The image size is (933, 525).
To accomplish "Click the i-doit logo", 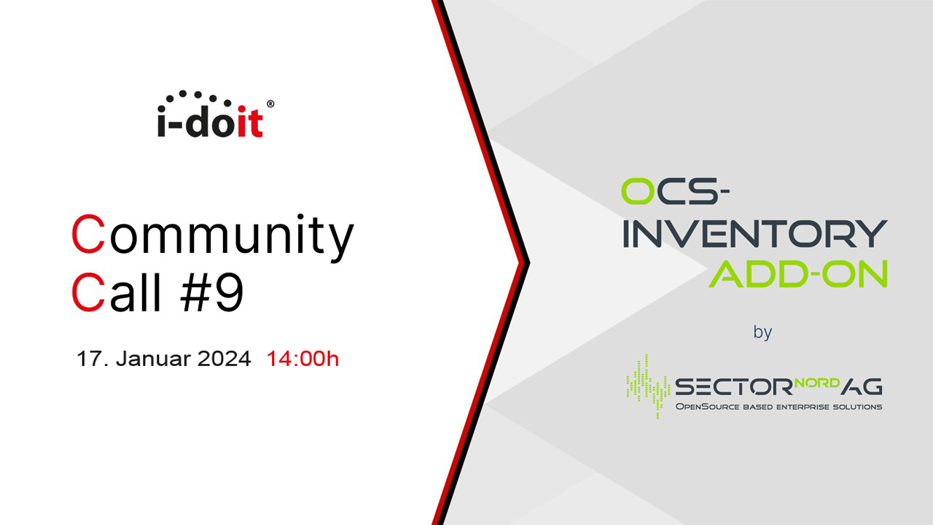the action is click(215, 114).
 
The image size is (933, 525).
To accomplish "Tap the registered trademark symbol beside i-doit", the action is click(270, 104).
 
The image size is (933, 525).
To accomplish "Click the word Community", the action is click(213, 236).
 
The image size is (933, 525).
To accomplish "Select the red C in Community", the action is click(88, 234).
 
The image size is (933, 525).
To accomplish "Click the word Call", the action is click(116, 292).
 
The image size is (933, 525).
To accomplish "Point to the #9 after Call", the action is click(212, 292).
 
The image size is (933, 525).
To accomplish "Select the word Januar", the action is click(152, 359).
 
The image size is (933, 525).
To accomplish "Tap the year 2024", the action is click(224, 359).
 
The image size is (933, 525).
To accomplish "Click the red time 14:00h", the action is click(302, 359).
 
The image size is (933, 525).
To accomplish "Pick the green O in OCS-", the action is click(638, 191).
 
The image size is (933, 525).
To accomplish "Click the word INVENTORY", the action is click(754, 234).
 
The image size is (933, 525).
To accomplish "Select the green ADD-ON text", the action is click(798, 273).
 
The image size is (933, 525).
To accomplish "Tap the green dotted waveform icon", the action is click(648, 386).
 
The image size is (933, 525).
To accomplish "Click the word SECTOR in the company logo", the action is click(734, 386).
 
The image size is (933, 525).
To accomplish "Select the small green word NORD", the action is click(817, 383).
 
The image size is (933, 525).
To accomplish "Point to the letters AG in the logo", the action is click(862, 386).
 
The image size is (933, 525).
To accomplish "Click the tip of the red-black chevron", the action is click(529, 262).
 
